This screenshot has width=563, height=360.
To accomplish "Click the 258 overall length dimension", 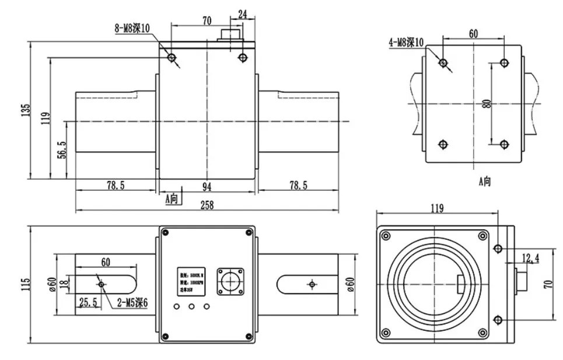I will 207,205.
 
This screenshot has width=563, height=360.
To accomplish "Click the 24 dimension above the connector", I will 242,13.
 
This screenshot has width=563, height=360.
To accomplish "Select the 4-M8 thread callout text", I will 409,41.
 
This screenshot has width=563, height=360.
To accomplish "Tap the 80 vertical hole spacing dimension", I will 486,104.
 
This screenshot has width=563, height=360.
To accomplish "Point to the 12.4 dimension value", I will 530,257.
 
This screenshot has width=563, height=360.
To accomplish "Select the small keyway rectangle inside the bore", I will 461,284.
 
